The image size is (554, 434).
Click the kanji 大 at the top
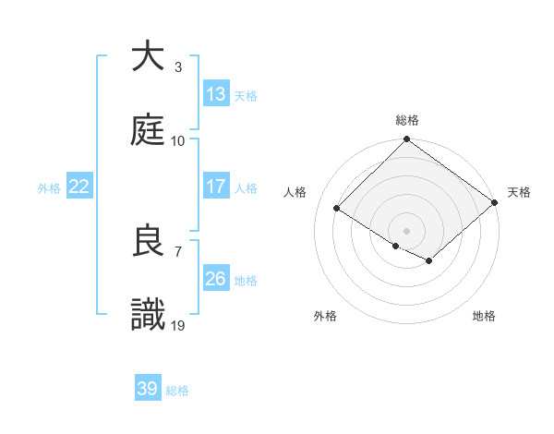pyautogui.click(x=148, y=57)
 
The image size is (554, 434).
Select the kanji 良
pyautogui.click(x=148, y=241)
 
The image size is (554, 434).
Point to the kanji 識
pyautogui.click(x=148, y=314)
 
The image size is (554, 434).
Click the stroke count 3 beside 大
pyautogui.click(x=177, y=67)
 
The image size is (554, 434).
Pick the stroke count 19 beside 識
pyautogui.click(x=178, y=325)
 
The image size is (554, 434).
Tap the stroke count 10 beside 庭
pyautogui.click(x=178, y=140)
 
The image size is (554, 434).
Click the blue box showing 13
pyautogui.click(x=215, y=93)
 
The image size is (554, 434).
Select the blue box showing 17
pyautogui.click(x=215, y=187)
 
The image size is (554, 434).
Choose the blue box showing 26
pyautogui.click(x=215, y=279)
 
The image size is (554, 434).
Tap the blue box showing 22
pyautogui.click(x=79, y=187)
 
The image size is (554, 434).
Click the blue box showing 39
pyautogui.click(x=148, y=389)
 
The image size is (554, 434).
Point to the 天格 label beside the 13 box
pyautogui.click(x=246, y=95)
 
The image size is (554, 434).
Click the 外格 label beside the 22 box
pyautogui.click(x=49, y=187)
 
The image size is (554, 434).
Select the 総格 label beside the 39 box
pyautogui.click(x=177, y=391)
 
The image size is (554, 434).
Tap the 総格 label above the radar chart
pyautogui.click(x=406, y=120)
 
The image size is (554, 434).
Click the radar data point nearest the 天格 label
pyautogui.click(x=495, y=203)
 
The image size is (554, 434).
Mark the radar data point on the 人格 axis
pyautogui.click(x=337, y=209)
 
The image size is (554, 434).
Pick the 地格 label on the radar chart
pyautogui.click(x=484, y=316)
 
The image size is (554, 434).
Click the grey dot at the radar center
pyautogui.click(x=406, y=230)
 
